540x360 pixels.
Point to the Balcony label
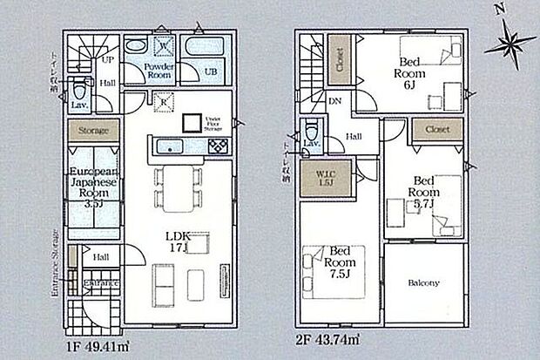point(422,283)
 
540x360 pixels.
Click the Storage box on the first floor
point(95,131)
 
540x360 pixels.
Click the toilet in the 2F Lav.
point(312,131)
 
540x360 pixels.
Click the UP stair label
point(107,61)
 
